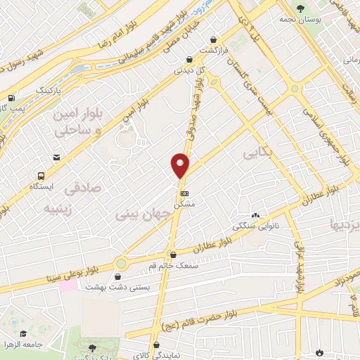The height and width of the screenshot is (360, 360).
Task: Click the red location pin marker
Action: click(x=181, y=165)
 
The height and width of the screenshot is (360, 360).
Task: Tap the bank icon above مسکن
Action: click(x=185, y=192)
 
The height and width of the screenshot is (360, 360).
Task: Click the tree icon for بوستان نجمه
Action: click(x=300, y=8)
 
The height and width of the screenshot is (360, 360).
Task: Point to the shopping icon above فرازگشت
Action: click(x=188, y=60)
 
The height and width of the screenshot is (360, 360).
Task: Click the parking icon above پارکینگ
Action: click(x=12, y=98)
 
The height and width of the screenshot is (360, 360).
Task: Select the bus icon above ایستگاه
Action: click(x=41, y=176)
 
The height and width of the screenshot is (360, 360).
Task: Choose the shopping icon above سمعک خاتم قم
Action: click(x=173, y=255)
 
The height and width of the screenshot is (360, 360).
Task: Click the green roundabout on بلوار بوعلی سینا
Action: click(x=122, y=264)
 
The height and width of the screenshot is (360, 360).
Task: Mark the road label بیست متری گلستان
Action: click(x=249, y=88)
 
